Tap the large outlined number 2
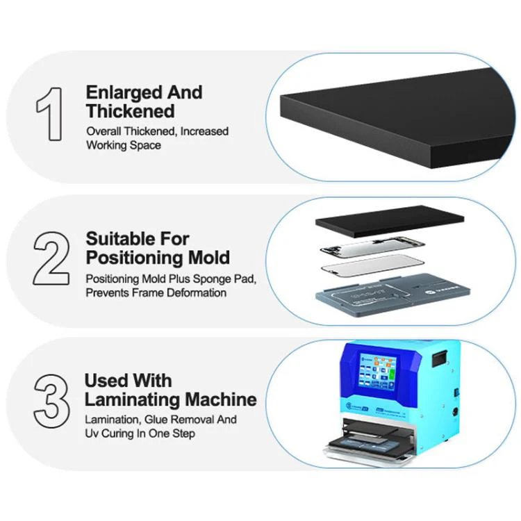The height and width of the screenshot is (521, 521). tap(51, 258)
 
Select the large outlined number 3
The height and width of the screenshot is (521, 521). tap(51, 401)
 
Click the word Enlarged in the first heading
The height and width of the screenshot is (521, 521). tap(124, 93)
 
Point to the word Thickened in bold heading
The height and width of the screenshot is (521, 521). tap(131, 111)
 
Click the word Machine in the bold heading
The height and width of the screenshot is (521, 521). tap(221, 399)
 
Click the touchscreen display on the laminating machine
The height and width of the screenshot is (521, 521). tap(377, 372)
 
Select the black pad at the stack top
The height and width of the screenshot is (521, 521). tap(390, 222)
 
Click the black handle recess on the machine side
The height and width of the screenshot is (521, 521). tap(440, 359)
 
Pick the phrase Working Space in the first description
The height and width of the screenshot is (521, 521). tap(124, 146)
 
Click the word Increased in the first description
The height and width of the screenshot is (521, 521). tap(204, 131)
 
